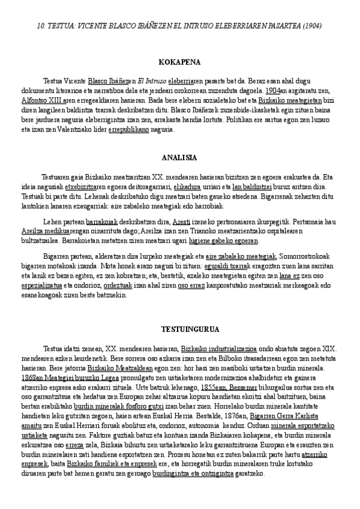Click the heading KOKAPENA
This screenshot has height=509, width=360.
pos(179,62)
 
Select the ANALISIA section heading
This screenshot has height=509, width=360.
pos(179,158)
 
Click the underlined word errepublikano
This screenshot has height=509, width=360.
pos(128,129)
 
